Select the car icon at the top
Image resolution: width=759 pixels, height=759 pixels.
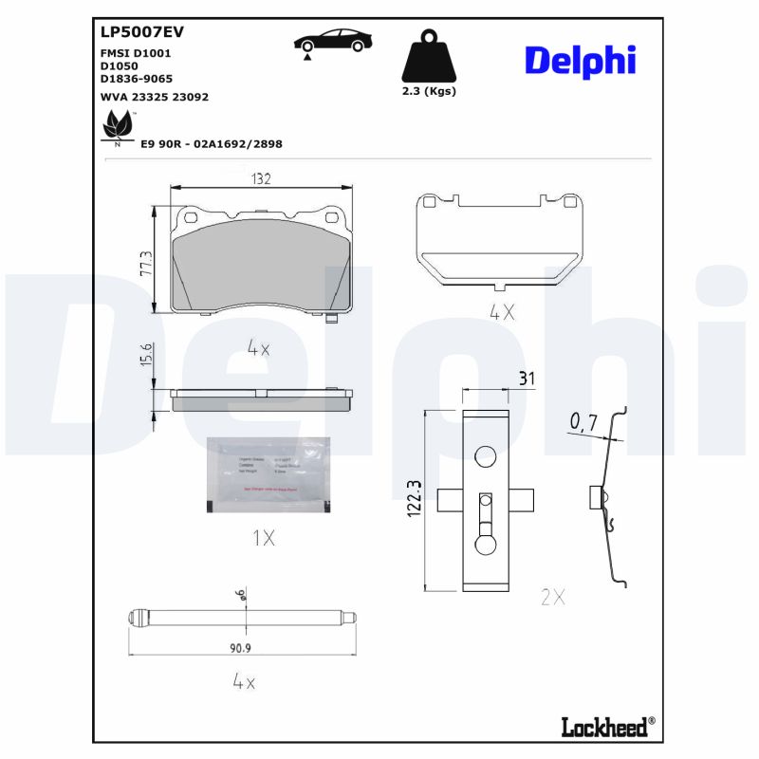pos(332,43)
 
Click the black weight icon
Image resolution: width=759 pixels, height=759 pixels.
pos(428,58)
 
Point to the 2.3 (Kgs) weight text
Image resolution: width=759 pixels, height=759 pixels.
pos(428,92)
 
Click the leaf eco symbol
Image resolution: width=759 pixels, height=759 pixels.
pos(118,125)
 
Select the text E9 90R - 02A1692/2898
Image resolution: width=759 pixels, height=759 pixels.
pos(212,144)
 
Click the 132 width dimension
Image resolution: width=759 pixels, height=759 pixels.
pos(261,178)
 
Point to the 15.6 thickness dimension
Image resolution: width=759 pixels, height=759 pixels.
pos(146,357)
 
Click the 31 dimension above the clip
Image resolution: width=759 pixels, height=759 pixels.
pos(527,378)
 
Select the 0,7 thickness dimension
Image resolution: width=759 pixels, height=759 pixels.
pos(583,420)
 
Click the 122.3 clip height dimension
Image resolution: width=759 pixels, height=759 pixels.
pos(414,499)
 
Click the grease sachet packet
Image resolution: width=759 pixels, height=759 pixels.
pos(268,476)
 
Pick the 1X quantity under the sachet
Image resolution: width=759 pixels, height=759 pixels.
pos(263,538)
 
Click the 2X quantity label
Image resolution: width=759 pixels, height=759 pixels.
pos(552,597)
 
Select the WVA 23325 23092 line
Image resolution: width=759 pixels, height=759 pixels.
pos(155,97)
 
